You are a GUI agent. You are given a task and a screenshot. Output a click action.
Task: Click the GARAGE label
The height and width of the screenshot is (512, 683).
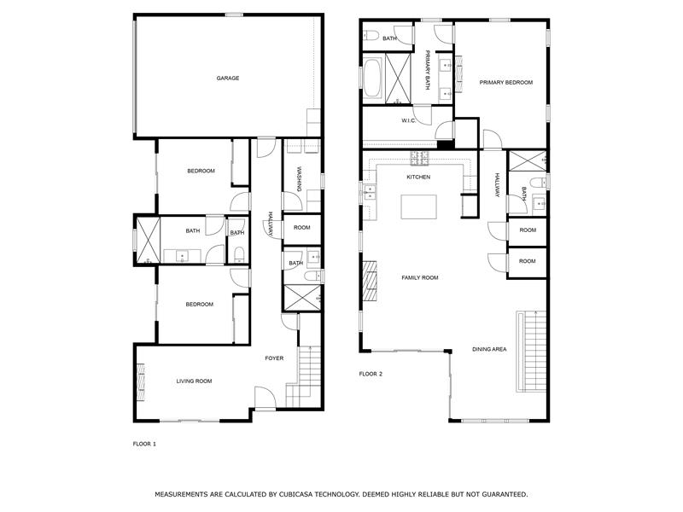[x=227, y=78]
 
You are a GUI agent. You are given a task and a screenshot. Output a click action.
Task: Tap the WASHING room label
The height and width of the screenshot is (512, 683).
[x=300, y=178]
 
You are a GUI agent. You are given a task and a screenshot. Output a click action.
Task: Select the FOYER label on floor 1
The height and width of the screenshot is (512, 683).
[x=274, y=358]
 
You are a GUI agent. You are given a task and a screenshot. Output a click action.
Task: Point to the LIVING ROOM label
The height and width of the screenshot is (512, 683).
[x=194, y=381]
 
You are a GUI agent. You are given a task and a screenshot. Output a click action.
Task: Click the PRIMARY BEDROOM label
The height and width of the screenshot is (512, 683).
[x=505, y=83]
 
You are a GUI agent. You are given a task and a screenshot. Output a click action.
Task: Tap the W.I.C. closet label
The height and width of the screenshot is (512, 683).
[x=408, y=120]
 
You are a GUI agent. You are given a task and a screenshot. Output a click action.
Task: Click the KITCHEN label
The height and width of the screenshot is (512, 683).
[x=418, y=177]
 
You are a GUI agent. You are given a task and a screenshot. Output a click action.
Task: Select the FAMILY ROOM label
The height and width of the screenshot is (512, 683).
[x=420, y=277]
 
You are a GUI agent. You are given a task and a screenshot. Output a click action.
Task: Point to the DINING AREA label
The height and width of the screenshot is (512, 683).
[x=490, y=350]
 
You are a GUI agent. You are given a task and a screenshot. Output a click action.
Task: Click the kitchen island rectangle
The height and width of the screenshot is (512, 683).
[x=418, y=207]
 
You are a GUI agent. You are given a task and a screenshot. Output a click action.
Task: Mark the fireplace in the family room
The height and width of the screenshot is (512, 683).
[x=370, y=282]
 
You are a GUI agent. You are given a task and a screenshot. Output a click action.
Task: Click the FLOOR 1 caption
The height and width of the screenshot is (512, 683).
[x=144, y=444]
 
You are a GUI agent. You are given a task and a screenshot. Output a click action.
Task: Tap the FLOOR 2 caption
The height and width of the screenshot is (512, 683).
[x=371, y=374]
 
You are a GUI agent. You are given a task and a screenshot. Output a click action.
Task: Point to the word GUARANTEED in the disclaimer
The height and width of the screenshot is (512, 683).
[x=502, y=494]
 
